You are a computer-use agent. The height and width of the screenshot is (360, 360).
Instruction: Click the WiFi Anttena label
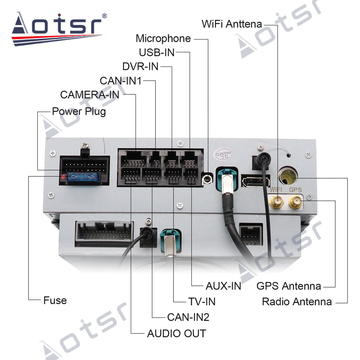coord(231,24)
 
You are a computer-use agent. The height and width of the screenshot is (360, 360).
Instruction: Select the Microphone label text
coord(163,39)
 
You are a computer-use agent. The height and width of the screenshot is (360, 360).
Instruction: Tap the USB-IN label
coord(157,53)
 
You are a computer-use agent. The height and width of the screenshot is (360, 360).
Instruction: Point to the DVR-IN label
coord(140,67)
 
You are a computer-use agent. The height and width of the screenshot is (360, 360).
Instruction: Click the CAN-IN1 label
coord(121,81)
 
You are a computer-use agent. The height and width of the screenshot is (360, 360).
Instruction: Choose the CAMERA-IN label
coord(90,95)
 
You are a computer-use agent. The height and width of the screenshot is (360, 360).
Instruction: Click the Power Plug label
coord(79,112)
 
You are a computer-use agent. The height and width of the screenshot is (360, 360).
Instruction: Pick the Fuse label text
coord(55,300)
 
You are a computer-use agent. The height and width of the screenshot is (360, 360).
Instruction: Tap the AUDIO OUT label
coord(176,334)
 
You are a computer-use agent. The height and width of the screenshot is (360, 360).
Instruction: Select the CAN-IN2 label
coord(188,317)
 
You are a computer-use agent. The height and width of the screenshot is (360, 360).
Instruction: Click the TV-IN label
coord(202,302)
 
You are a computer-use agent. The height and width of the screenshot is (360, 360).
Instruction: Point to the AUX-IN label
coord(223,286)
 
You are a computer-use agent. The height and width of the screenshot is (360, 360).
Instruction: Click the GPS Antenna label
coord(289,286)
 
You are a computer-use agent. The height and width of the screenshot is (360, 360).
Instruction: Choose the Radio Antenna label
coord(297,302)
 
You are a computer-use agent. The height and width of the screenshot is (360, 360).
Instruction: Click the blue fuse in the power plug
coord(83,177)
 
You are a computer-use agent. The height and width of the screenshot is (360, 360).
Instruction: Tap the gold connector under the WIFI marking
coord(277,202)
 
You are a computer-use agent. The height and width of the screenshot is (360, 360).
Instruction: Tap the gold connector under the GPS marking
coord(296,202)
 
